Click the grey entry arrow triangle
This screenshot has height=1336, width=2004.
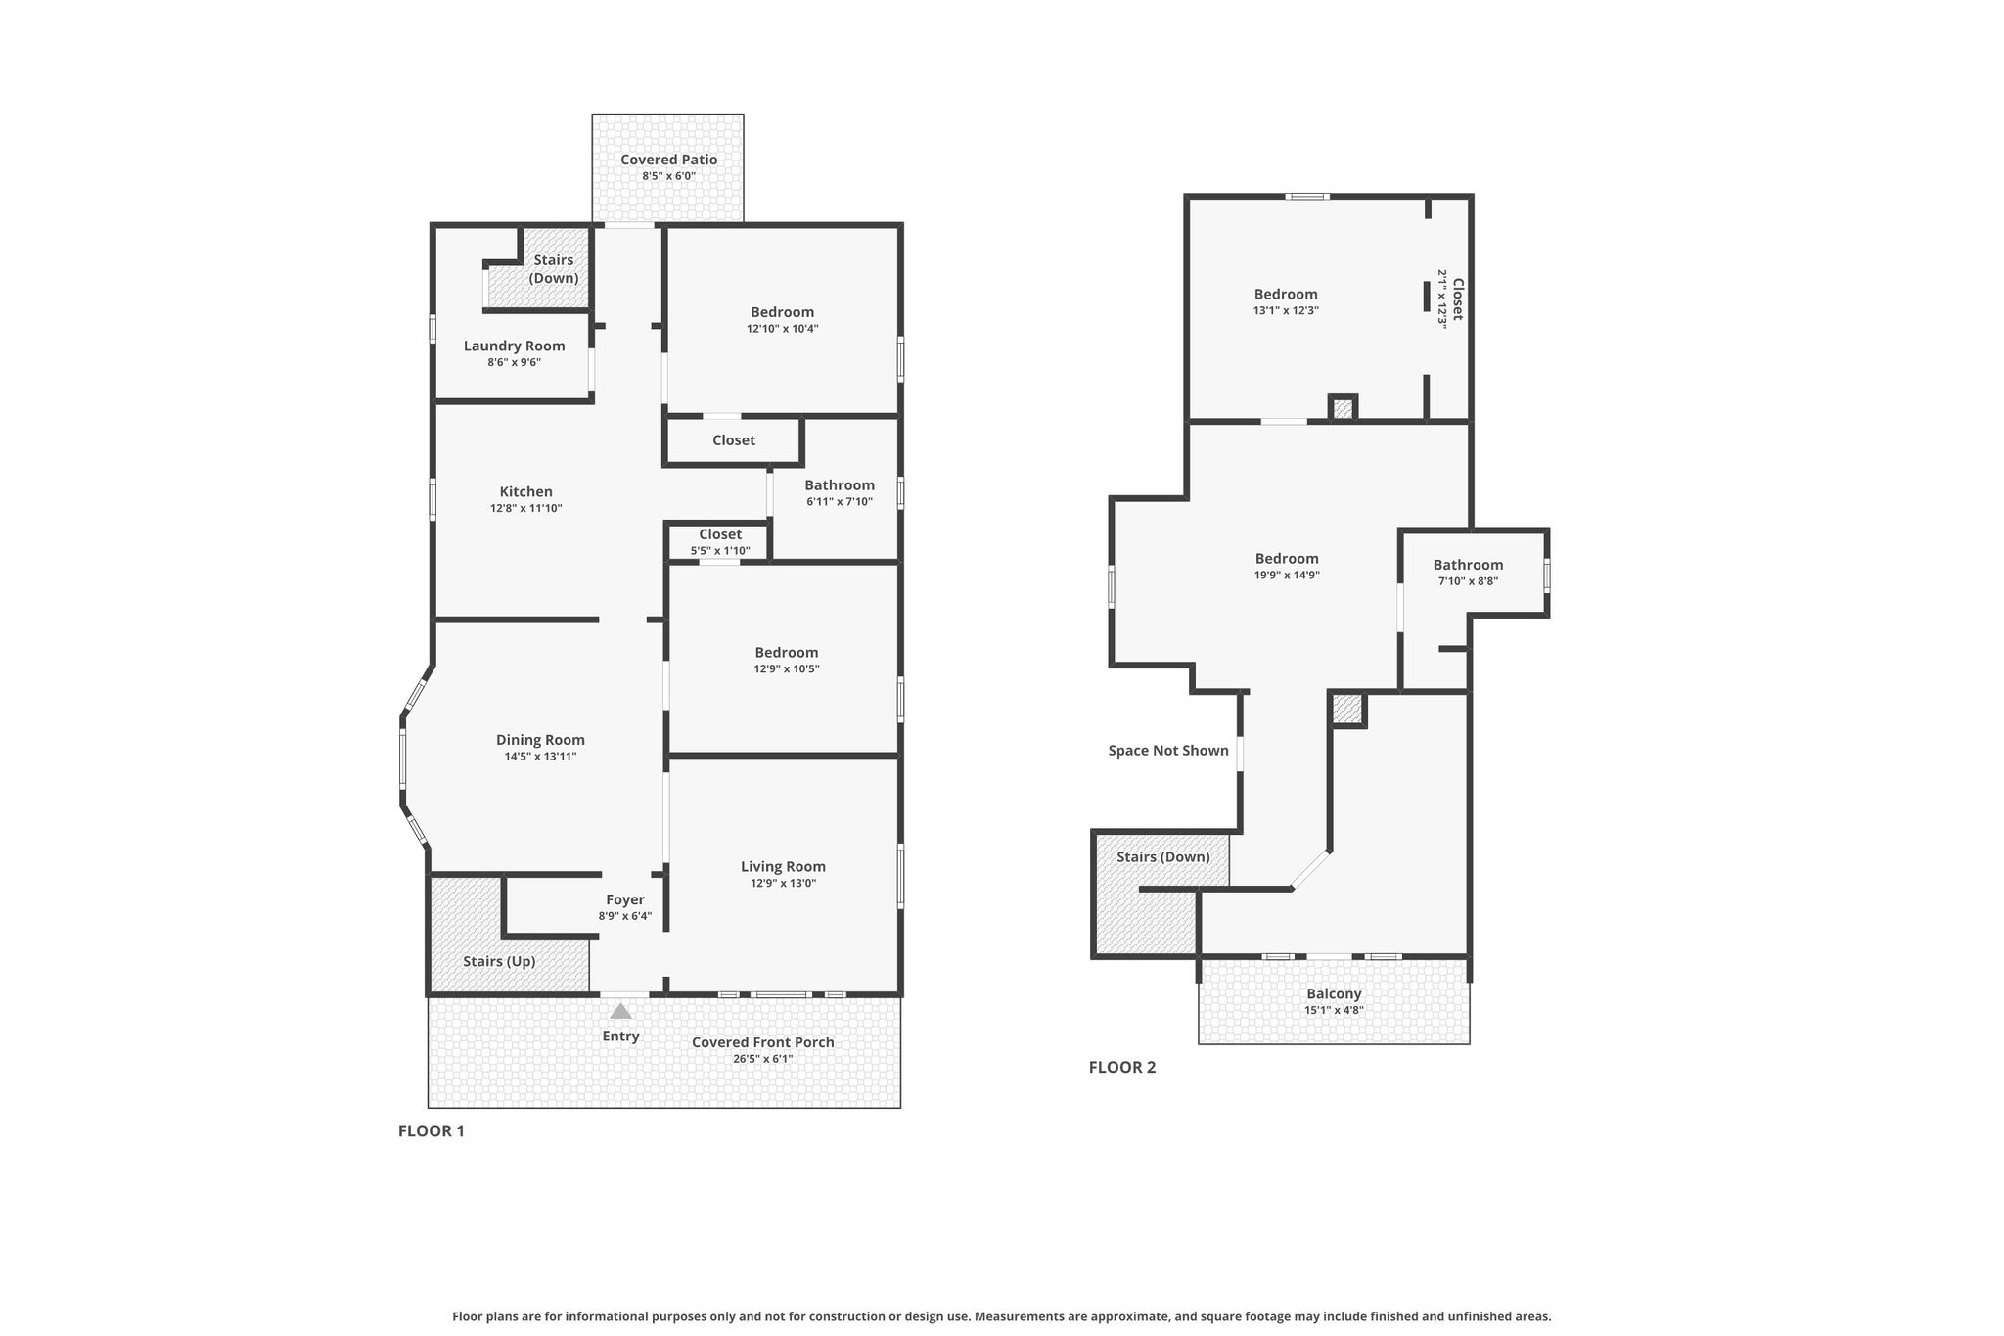pos(620,1011)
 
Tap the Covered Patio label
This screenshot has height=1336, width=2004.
pos(669,160)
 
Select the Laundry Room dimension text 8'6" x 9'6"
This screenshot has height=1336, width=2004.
pos(515,362)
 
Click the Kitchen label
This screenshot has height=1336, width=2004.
pos(526,491)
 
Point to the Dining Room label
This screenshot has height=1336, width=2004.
pos(540,740)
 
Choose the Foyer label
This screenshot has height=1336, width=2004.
pos(625,899)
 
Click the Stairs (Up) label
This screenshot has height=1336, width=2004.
pos(499,961)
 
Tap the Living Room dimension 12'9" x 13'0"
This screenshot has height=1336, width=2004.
pos(783,883)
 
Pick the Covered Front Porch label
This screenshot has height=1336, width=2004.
pos(763,1042)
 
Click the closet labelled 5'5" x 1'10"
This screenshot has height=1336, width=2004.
pos(720,542)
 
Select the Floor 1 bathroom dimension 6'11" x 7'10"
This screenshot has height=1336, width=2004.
pos(840,502)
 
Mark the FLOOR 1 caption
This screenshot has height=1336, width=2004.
pos(432,1131)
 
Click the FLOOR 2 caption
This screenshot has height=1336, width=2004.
pos(1122,1067)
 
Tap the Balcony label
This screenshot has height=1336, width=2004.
pos(1334,993)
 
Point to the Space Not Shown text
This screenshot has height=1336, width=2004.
pos(1168,751)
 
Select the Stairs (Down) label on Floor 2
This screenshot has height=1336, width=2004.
pos(1163,857)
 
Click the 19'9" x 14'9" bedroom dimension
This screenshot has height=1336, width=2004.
pos(1287,576)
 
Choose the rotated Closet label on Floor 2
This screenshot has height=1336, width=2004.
pos(1457,299)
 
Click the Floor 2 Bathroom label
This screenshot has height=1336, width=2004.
pos(1468,565)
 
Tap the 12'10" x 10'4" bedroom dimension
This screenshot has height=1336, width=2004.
pos(783,329)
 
